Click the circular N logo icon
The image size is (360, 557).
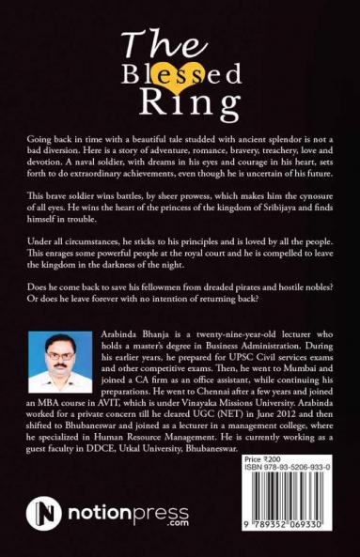coord(43,514)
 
